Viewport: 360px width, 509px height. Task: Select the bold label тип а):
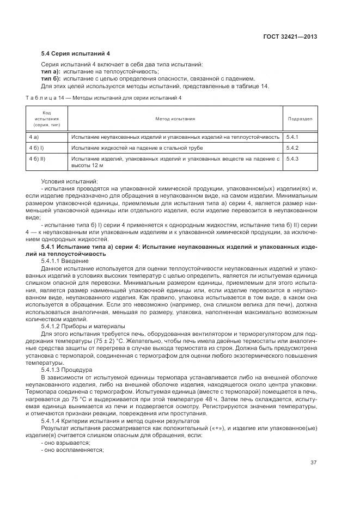(x=51, y=72)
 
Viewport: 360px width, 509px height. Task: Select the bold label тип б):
(x=51, y=79)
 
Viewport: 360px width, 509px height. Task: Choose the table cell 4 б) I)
(x=36, y=148)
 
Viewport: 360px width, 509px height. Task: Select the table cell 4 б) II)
(x=38, y=158)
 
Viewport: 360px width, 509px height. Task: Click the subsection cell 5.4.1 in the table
(x=293, y=137)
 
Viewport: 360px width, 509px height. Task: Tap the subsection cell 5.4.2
(x=293, y=148)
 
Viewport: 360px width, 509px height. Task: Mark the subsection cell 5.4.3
(x=293, y=158)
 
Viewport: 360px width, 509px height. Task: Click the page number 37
(x=314, y=463)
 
